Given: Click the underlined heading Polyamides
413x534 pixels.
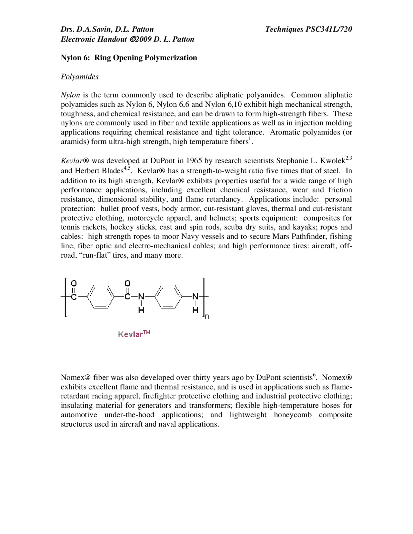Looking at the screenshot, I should point(80,76).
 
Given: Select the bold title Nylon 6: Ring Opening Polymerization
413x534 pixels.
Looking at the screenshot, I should point(129,58).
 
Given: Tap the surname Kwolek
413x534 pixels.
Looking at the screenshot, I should point(333,161).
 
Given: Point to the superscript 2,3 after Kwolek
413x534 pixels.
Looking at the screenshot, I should point(349,158).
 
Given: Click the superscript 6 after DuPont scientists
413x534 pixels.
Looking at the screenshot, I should point(314,375).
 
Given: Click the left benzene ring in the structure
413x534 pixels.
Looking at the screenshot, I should point(101,296).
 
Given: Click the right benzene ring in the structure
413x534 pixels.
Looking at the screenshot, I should point(168,296).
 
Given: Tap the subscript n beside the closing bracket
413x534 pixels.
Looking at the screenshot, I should point(207,317).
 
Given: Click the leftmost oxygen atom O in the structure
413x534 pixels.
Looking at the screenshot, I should point(74,283).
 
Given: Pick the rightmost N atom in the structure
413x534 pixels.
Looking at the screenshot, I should point(195,296).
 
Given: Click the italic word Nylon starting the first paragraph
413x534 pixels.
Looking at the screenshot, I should point(70,95).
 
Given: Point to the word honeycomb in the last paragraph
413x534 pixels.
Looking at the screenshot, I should point(293,415).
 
